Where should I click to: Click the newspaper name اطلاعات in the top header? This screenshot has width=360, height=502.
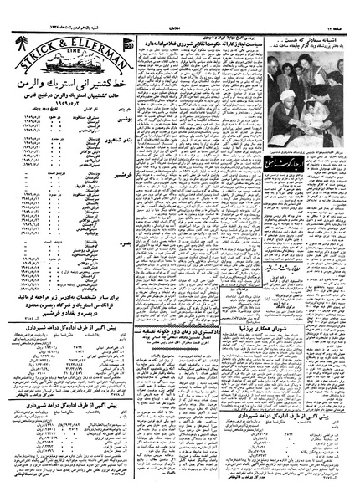tap(179, 8)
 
